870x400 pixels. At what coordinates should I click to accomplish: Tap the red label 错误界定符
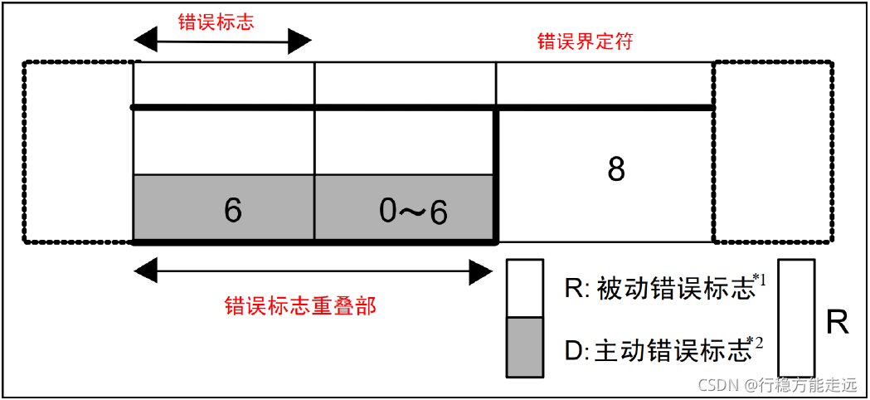(x=586, y=41)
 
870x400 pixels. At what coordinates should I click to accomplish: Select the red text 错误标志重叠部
(x=300, y=306)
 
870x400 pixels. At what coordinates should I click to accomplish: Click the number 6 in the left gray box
(x=233, y=211)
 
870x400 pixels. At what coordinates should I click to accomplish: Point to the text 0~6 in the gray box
(x=413, y=212)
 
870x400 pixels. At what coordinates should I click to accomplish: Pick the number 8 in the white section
(x=616, y=170)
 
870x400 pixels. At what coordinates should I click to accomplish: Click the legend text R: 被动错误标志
(x=660, y=289)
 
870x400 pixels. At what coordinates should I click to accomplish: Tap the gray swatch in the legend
(x=525, y=347)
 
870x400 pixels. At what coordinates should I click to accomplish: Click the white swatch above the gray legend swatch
(x=525, y=288)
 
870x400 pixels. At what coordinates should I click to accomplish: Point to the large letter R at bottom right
(x=838, y=322)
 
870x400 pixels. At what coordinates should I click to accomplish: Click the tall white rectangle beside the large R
(x=797, y=318)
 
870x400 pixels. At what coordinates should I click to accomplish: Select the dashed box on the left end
(x=79, y=152)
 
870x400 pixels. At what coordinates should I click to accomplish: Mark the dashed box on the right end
(x=771, y=152)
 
